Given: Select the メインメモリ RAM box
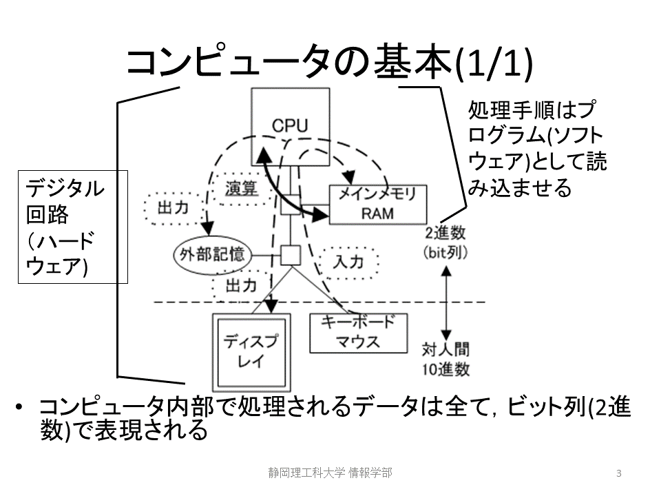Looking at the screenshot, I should coord(378,204).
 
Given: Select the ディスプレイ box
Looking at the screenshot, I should coord(250,351).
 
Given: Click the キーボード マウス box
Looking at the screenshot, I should coord(358,331).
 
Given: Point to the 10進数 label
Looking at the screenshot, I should coord(446,369).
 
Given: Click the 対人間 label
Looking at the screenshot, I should coord(447,350).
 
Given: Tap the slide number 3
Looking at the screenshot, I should coord(619,473).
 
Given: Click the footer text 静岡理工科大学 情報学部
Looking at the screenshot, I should coord(330,473).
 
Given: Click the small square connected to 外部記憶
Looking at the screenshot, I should coord(291,254).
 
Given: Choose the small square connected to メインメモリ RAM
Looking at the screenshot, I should coord(291,205).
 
